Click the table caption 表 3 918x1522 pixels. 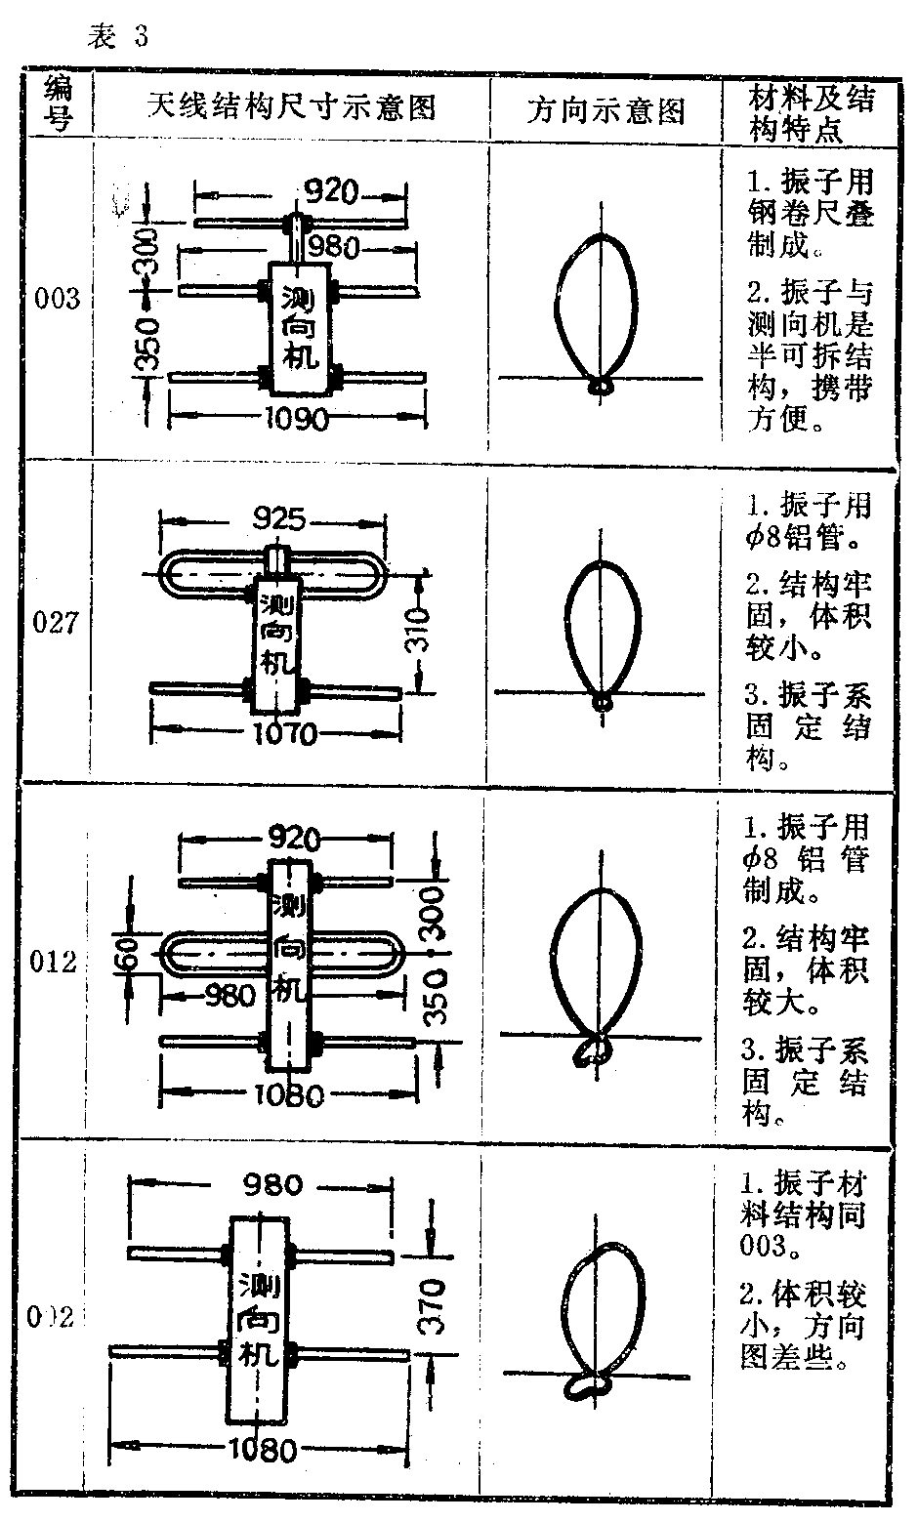tap(118, 37)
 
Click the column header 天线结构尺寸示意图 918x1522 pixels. tap(291, 106)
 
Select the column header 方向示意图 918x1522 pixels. tap(605, 110)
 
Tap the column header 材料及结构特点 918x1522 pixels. tap(810, 113)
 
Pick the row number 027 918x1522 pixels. tap(57, 622)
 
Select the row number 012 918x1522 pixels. tap(55, 963)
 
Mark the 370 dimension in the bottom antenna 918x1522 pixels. tap(431, 1305)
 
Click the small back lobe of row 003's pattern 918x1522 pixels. tap(601, 386)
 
